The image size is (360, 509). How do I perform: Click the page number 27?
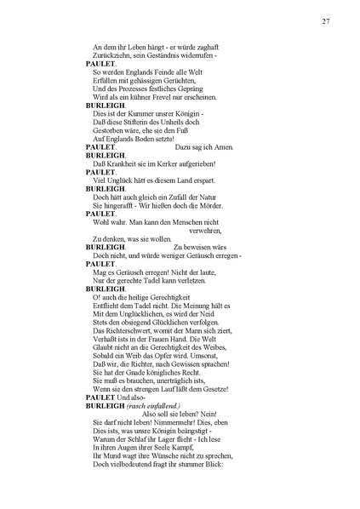click(326, 21)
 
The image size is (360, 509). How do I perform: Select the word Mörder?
click(208, 205)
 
